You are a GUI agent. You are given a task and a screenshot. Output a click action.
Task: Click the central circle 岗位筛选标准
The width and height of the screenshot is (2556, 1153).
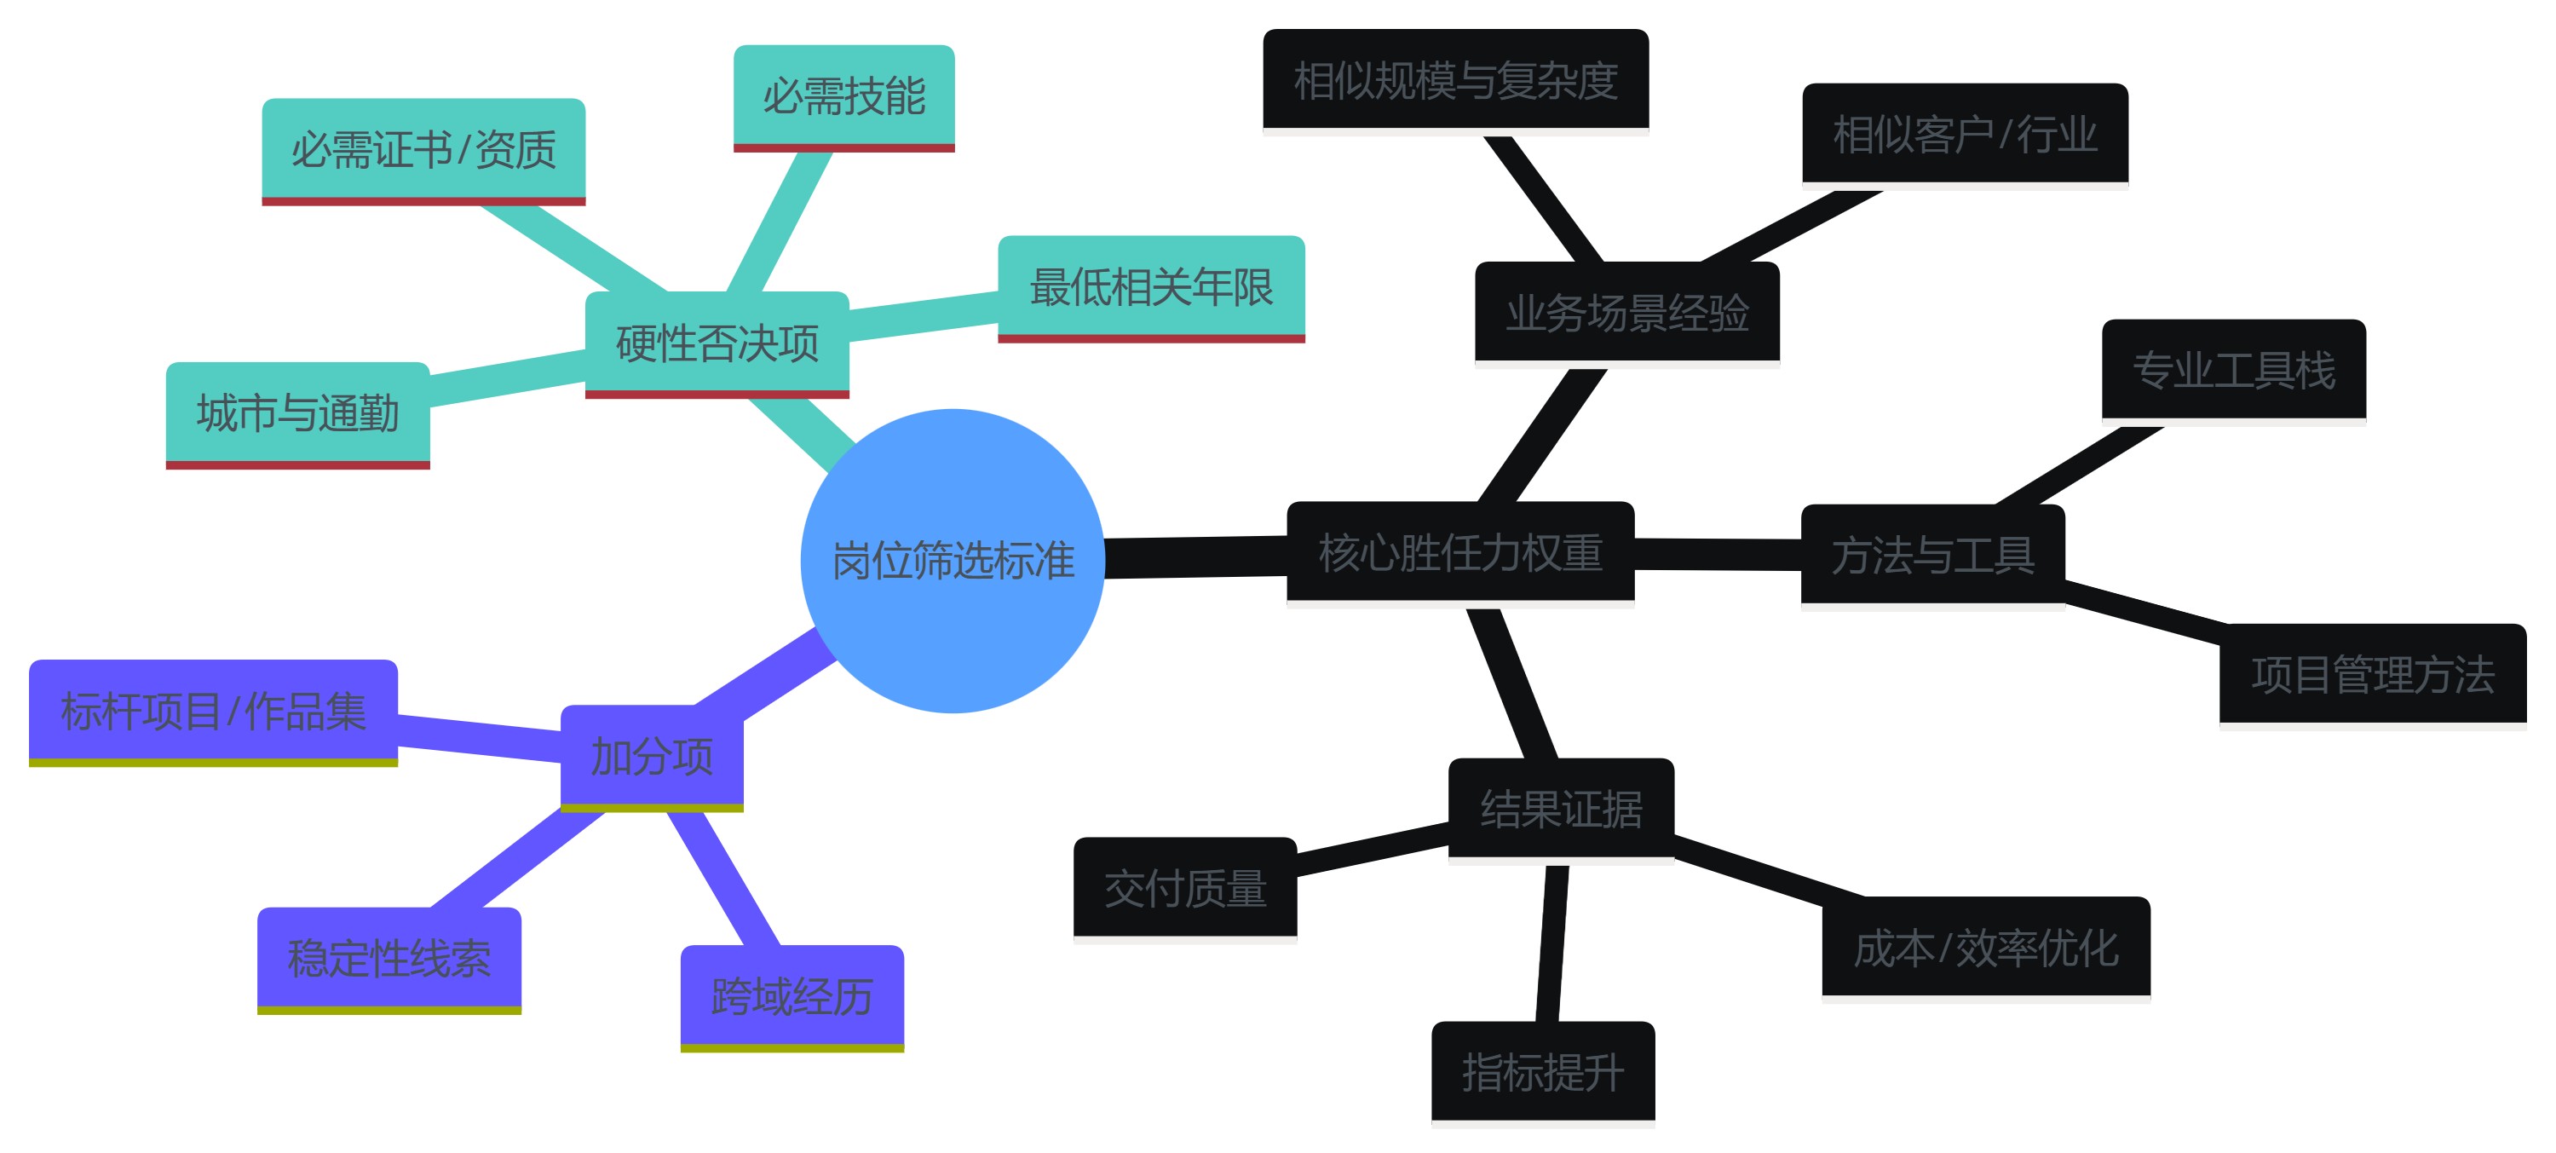click(x=952, y=561)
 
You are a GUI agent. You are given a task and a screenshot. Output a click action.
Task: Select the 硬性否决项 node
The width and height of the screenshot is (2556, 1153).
click(x=717, y=343)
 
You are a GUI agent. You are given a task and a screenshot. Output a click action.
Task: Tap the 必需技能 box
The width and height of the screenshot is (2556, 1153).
click(x=843, y=96)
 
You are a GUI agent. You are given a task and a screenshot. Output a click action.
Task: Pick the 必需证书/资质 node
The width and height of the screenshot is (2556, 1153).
click(x=423, y=150)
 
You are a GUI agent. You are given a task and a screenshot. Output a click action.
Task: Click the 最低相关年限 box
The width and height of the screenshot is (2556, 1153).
click(x=1150, y=287)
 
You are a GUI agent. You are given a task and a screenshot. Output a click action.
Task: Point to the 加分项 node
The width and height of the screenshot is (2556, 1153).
click(x=651, y=756)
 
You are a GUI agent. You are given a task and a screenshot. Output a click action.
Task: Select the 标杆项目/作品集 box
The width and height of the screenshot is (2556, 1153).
click(x=212, y=711)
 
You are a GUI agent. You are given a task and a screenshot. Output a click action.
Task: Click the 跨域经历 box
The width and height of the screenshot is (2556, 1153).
click(x=791, y=996)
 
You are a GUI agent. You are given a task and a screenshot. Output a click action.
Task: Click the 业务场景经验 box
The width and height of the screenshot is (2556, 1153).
click(x=1626, y=313)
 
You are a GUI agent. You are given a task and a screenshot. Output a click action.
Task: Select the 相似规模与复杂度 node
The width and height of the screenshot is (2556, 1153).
click(x=1454, y=80)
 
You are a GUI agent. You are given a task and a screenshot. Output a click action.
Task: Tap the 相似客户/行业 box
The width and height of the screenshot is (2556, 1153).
click(x=1964, y=134)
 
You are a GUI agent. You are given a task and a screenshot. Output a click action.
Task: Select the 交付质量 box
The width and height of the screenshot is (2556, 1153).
click(x=1185, y=888)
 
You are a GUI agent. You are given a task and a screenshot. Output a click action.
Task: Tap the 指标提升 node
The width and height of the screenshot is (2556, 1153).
click(x=1542, y=1072)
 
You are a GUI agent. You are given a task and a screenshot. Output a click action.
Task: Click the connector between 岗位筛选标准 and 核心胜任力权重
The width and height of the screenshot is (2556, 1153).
click(x=1195, y=556)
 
